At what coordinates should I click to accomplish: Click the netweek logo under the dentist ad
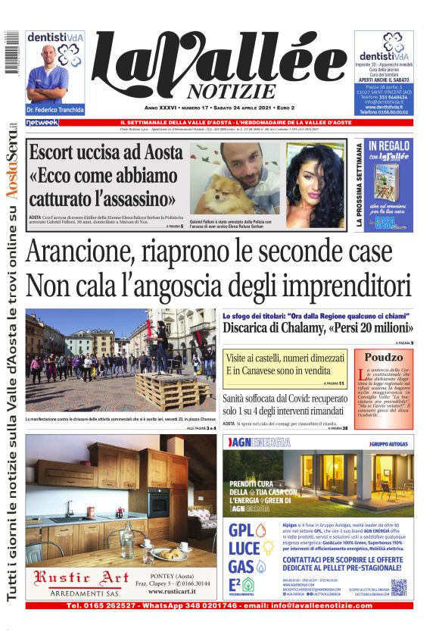pyautogui.click(x=42, y=122)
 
